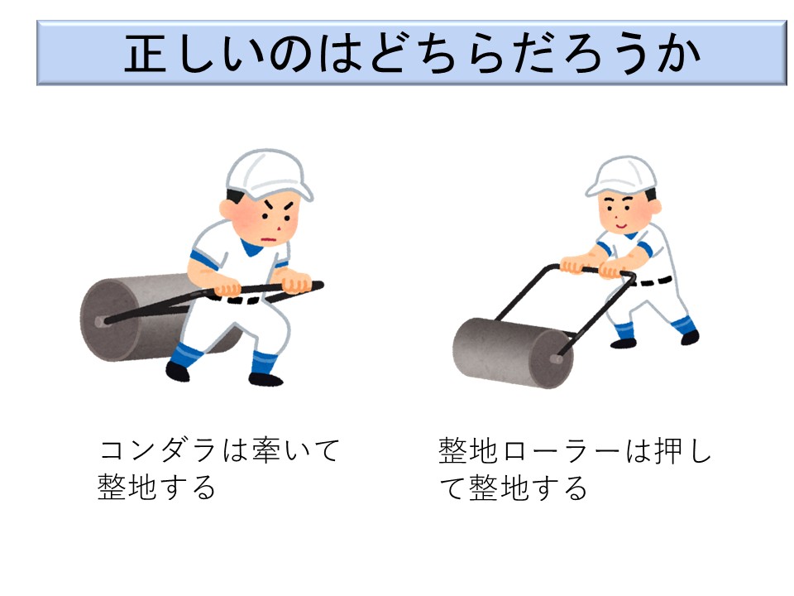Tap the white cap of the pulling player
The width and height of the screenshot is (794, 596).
268,174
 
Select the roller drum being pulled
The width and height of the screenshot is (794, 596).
152,317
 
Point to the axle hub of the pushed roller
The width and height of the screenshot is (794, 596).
556,359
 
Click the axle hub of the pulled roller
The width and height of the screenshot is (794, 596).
100,321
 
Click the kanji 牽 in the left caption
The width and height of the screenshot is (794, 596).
267,450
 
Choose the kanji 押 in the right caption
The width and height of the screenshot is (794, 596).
668,450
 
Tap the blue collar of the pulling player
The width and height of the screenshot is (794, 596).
251,247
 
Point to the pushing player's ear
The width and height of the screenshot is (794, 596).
655,206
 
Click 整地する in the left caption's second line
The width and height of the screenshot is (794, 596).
157,488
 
